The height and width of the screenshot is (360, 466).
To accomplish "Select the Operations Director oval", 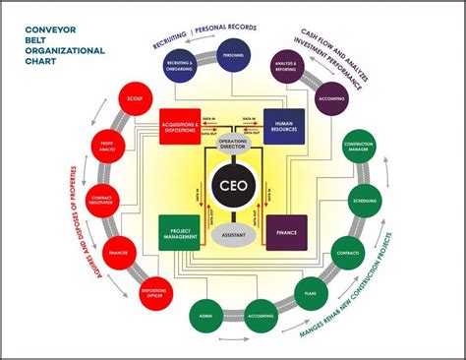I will (x=233, y=143).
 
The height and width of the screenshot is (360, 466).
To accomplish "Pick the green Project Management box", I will (x=180, y=232).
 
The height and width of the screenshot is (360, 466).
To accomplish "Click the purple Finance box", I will (x=287, y=232).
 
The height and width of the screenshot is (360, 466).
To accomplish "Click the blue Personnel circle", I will (x=234, y=56).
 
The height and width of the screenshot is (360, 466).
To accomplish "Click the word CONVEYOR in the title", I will (x=51, y=30).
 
